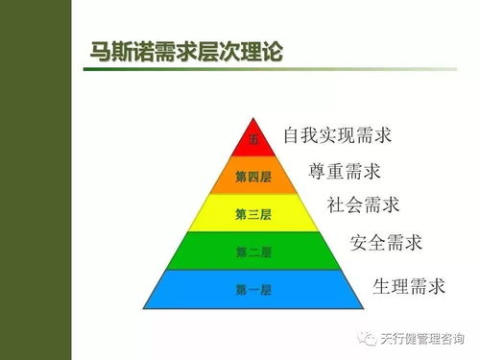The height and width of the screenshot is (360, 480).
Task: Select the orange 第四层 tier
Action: pos(254,177)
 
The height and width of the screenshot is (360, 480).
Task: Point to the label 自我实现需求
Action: pos(338,135)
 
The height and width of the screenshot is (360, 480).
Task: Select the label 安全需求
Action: pos(386,241)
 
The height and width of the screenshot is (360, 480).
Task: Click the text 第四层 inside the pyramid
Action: pos(253,177)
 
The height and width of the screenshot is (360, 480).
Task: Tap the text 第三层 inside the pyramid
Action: pos(253,214)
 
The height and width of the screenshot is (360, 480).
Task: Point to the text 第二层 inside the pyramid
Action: pos(253,252)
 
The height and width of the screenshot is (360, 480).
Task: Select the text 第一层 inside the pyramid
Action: pos(253,289)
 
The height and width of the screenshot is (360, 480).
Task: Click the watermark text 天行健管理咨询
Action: pos(420,338)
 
